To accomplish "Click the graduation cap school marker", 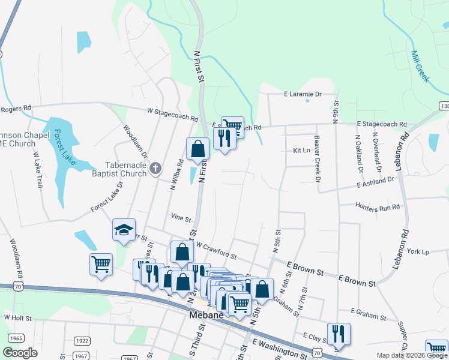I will [x=124, y=230].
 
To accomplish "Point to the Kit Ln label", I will [x=301, y=151].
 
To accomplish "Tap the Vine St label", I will [x=180, y=219].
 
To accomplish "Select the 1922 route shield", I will [x=82, y=341].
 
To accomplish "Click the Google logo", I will [x=20, y=353].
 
